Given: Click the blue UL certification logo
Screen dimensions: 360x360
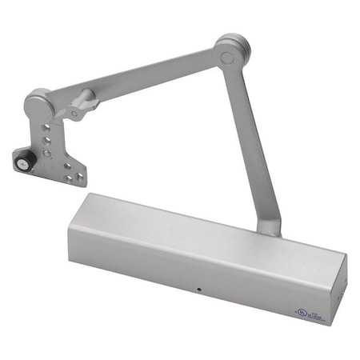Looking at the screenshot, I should [301, 310].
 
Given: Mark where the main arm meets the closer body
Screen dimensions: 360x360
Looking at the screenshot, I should [269, 227].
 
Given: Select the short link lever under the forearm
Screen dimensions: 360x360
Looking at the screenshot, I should [83, 105].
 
